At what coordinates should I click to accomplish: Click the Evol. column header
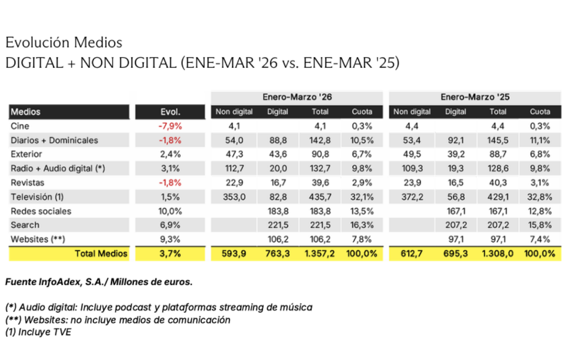tap(170, 112)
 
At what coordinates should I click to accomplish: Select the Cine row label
tap(20, 126)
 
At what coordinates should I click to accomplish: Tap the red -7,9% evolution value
tap(170, 126)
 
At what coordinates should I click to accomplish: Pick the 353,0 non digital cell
tap(234, 197)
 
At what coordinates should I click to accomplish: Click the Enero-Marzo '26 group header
tap(297, 98)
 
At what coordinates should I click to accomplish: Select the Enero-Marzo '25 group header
tap(476, 98)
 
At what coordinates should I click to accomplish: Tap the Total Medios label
tap(101, 254)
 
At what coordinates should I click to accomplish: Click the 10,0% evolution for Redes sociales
tap(170, 211)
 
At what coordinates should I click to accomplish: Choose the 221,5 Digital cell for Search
tap(278, 225)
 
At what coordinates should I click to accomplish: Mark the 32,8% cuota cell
tap(540, 197)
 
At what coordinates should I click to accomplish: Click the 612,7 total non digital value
tap(412, 254)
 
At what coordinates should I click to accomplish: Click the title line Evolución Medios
tap(64, 42)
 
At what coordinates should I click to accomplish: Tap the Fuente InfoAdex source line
tap(99, 282)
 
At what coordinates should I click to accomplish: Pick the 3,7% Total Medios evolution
tap(170, 254)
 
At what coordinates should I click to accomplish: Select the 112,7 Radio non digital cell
tap(234, 169)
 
